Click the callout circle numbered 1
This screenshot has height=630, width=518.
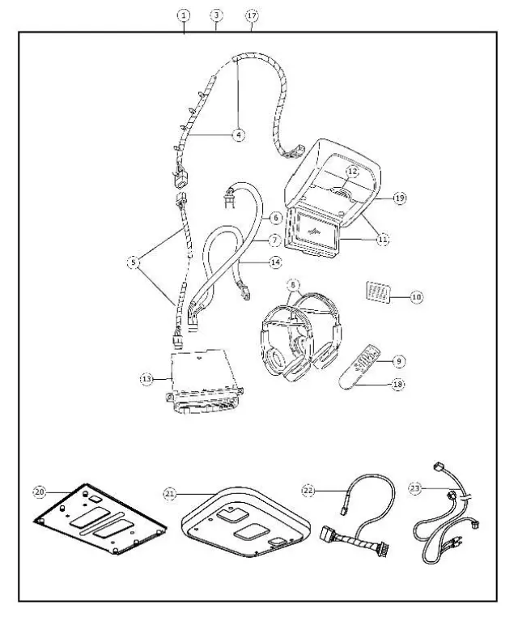pyautogui.click(x=185, y=15)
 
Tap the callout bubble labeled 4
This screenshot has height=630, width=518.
pyautogui.click(x=239, y=135)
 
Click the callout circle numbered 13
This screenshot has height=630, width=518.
pyautogui.click(x=145, y=377)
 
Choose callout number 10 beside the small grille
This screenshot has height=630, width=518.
pyautogui.click(x=416, y=297)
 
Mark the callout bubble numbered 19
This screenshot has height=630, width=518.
pyautogui.click(x=399, y=197)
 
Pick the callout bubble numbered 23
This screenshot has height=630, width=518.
pyautogui.click(x=415, y=488)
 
